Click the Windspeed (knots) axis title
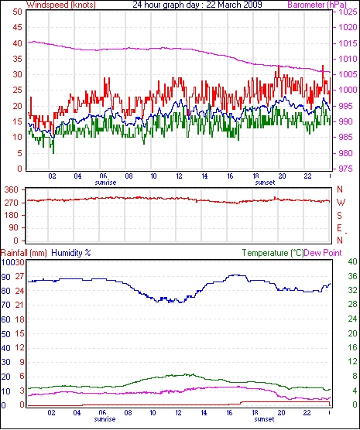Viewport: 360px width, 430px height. (61, 5)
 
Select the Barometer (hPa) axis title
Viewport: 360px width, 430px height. (317, 5)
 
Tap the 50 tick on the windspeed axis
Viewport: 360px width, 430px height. (17, 12)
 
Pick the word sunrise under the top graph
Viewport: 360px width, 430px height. (105, 183)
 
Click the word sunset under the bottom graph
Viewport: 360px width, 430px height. (264, 419)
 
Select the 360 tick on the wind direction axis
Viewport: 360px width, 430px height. (11, 189)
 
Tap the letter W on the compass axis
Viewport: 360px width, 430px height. (341, 203)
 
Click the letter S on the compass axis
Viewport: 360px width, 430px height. (340, 216)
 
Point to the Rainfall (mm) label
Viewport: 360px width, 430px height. (24, 253)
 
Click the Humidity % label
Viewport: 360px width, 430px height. (71, 253)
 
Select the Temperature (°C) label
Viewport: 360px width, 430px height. (273, 253)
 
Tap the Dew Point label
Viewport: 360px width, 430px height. (323, 253)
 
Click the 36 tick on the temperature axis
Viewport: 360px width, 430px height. (352, 276)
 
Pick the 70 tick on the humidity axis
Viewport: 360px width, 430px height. (5, 305)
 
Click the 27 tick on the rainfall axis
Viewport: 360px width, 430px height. (19, 276)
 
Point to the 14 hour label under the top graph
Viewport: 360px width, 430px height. (204, 176)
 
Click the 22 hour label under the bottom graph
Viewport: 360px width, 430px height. (307, 412)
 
